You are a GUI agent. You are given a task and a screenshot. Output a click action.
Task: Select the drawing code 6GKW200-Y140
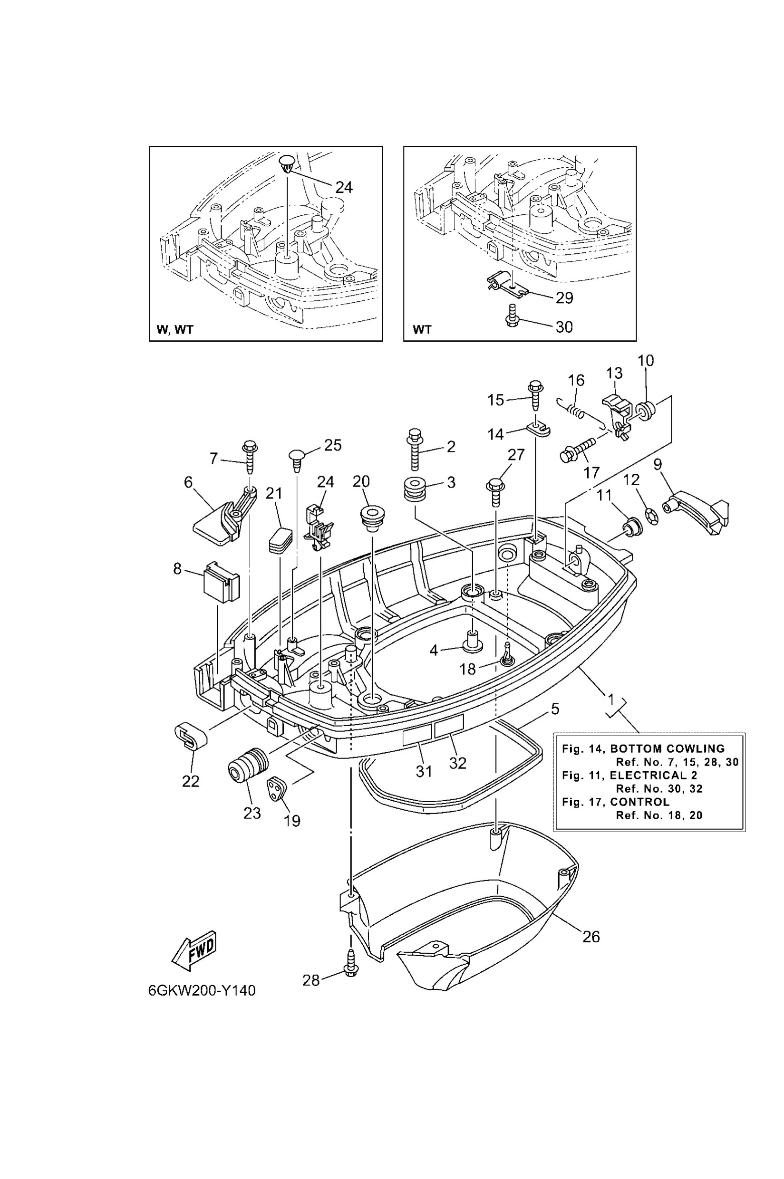click(202, 990)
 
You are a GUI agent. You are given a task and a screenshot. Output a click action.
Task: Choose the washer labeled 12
click(651, 516)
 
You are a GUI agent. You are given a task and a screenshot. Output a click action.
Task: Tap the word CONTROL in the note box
click(639, 802)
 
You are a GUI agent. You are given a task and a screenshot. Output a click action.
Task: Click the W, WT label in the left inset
click(174, 330)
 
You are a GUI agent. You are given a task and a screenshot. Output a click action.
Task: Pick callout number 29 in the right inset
click(564, 298)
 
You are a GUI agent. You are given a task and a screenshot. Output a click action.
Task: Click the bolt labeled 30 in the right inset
click(511, 316)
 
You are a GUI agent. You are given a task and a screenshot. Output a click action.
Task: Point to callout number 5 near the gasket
click(554, 709)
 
